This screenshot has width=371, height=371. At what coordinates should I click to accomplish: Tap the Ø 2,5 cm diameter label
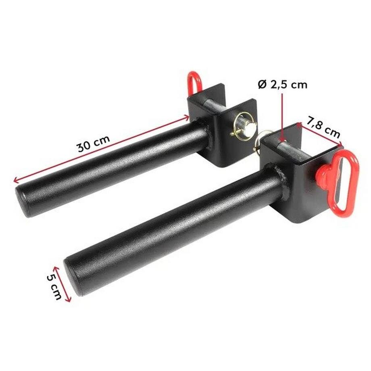(282, 85)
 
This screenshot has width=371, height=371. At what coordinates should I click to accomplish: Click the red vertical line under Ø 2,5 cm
(282, 117)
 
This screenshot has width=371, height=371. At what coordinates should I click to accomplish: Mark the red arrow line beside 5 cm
(62, 284)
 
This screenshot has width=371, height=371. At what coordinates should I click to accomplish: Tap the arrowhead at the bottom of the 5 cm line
(69, 300)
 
